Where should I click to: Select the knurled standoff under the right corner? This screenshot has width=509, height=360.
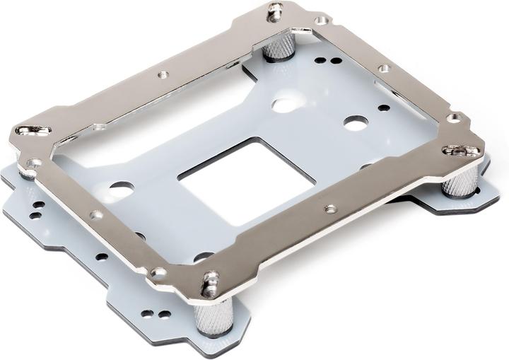click(461, 180)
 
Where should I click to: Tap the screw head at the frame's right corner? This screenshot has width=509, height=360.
click(460, 151)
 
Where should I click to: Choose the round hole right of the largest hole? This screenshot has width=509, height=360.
click(355, 121)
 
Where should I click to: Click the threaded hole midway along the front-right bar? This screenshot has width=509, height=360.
click(329, 209)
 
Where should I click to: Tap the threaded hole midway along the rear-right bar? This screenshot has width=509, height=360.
click(384, 69)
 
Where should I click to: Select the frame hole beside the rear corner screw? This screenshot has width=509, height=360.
click(320, 21)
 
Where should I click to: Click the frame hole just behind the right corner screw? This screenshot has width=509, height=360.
click(453, 117)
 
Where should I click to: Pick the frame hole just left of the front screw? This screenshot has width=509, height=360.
click(160, 272)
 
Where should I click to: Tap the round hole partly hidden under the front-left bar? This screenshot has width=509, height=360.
click(202, 257)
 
